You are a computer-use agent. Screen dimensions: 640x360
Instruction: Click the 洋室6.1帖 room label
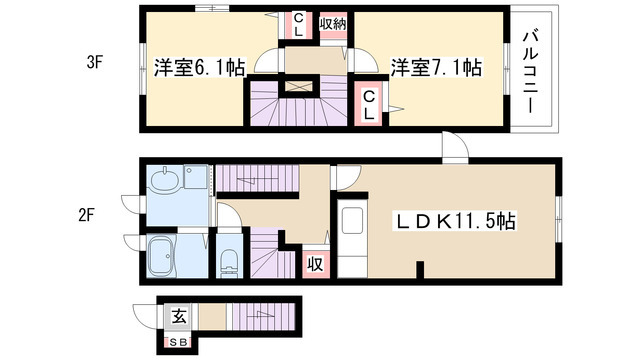(x=200, y=68)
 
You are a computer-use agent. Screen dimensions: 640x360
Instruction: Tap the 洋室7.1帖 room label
(x=436, y=68)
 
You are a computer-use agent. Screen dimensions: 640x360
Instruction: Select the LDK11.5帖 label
(x=454, y=221)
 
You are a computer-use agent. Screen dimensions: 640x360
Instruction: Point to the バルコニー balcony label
(x=531, y=72)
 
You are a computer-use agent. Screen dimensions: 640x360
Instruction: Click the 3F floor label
(x=94, y=63)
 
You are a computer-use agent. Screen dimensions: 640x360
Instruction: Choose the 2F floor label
(x=87, y=215)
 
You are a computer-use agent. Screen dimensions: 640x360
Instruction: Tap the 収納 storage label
(x=333, y=24)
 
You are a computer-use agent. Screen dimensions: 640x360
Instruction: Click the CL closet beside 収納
(x=298, y=24)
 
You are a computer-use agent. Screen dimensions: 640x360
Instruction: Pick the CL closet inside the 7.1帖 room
(x=369, y=105)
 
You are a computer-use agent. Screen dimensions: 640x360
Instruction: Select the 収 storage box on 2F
(x=316, y=264)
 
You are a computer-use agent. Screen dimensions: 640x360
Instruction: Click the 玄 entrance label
(x=179, y=316)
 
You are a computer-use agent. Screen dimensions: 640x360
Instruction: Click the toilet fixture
(x=229, y=262)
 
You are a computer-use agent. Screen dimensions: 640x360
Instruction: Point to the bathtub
(x=162, y=256)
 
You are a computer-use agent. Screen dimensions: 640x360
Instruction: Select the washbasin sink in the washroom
(x=165, y=179)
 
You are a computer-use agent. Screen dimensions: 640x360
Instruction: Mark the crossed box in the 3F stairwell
(x=298, y=86)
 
